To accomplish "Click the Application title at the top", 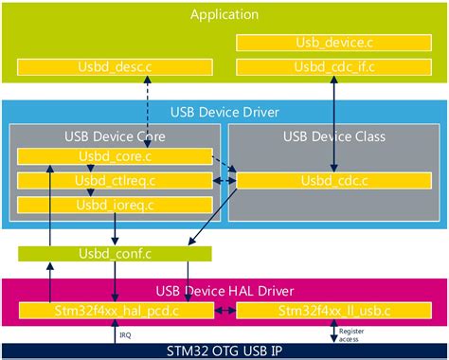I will coord(224,14).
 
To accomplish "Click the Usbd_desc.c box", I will coord(114,67).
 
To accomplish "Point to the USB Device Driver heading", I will coord(224,112).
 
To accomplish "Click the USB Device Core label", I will coord(115,136).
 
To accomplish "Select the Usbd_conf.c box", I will coord(114,253).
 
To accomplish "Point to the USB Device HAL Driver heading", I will coord(224,290).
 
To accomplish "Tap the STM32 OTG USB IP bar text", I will coord(224,351).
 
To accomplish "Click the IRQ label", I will coord(125,333).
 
